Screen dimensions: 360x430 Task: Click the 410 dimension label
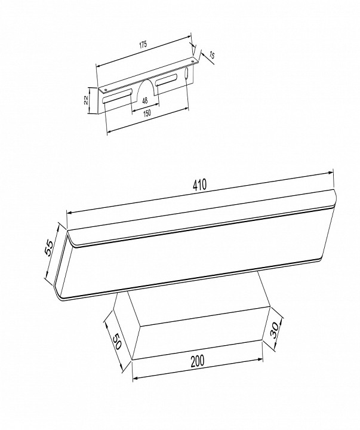[x=199, y=185]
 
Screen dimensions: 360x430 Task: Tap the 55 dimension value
[x=50, y=248]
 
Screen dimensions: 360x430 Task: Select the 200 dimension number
[x=198, y=361]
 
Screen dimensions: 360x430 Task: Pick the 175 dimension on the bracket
[x=143, y=44]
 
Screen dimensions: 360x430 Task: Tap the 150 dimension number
[x=147, y=113]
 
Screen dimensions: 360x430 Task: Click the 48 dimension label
[x=145, y=101]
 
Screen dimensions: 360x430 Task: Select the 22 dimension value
[x=86, y=100]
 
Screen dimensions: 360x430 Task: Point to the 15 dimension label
[x=211, y=55]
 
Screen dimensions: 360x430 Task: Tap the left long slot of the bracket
[x=117, y=96]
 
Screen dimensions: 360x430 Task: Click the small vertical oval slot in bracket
[x=186, y=74]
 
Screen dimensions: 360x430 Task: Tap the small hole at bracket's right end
[x=193, y=60]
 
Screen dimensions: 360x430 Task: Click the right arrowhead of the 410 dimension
[x=330, y=173]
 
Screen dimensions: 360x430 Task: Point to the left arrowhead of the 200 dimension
[x=136, y=378]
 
